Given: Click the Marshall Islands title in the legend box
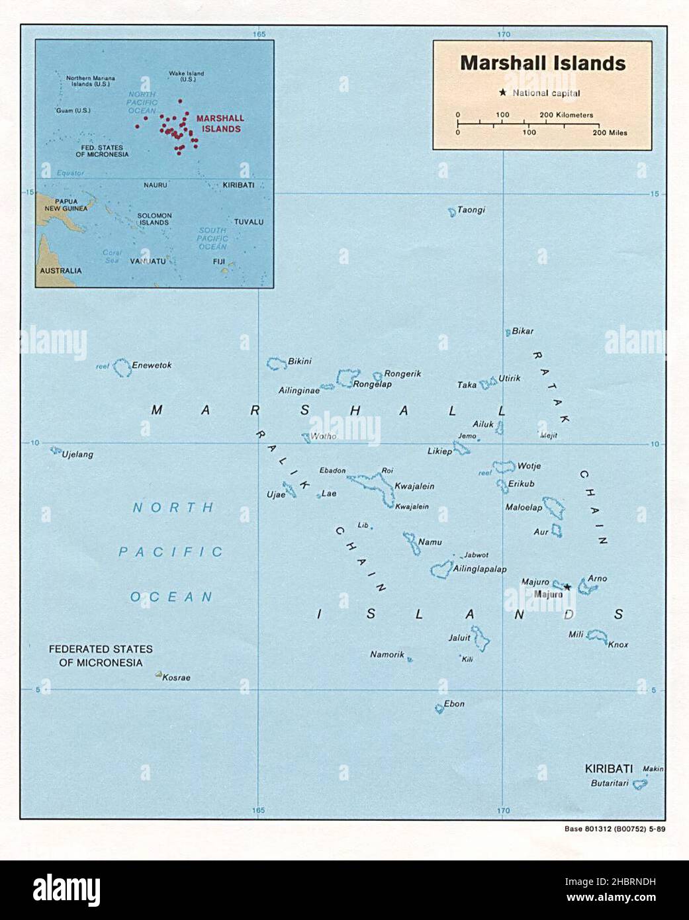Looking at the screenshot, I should point(543,63).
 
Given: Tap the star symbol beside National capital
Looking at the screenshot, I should point(503,93).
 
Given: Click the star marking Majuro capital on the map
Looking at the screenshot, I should point(567,586).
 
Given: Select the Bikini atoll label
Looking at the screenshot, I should point(299,361).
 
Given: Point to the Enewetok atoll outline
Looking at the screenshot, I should point(122,368).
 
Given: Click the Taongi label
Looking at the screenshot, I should point(471,210).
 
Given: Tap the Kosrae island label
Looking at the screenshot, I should point(176,678).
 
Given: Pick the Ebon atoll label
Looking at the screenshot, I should point(454,704).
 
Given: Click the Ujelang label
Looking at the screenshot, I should point(77,455).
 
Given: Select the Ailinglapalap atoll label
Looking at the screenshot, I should point(480,569).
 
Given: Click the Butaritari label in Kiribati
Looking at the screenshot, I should point(610,784).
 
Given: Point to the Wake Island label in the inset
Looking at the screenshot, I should point(186,76).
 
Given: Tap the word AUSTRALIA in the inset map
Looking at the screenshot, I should point(61,271).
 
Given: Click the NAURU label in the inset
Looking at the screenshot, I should point(156,185).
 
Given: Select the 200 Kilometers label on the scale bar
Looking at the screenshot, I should point(567,115).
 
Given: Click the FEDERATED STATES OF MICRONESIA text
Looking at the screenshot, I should point(101,656).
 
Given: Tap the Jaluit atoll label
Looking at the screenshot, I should point(459,638).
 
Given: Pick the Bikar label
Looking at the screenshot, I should point(523,331).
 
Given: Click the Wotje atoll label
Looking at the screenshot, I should point(529,466).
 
